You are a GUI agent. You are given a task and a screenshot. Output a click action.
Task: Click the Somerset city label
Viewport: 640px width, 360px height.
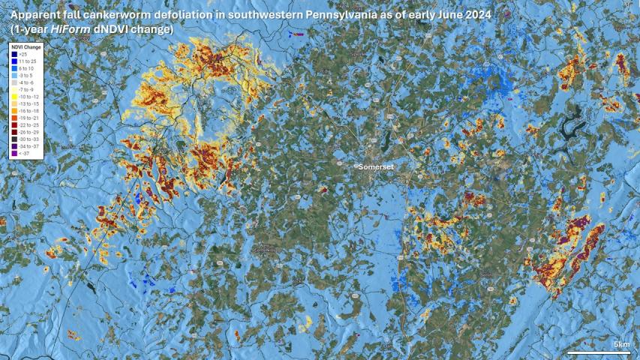click(x=376, y=166)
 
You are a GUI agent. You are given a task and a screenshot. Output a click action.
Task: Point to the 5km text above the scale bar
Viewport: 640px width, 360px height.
click(x=621, y=344)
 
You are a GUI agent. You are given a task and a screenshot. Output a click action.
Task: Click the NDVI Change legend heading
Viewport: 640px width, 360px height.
click(x=26, y=46)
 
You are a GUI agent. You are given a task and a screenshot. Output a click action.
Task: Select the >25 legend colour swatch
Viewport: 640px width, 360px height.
click(x=15, y=54)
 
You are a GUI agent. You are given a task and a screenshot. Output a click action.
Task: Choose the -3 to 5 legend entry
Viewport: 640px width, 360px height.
click(x=26, y=75)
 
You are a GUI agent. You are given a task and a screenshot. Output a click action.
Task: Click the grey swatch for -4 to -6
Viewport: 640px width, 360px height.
click(x=15, y=82)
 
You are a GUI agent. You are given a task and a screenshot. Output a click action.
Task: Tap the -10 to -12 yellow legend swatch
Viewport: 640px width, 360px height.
click(x=15, y=96)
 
